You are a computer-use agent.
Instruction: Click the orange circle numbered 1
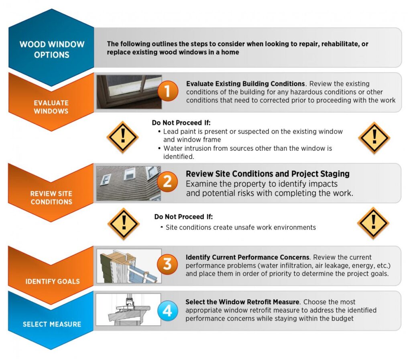(x=168, y=91)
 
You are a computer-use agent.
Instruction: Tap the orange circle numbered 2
(x=167, y=181)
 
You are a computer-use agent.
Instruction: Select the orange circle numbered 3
(x=167, y=264)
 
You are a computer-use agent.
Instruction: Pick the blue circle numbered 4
(x=167, y=311)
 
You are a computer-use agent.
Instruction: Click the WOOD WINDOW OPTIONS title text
(x=52, y=49)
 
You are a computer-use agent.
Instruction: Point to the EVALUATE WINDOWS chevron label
(x=51, y=107)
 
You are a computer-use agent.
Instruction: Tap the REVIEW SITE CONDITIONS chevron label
(x=51, y=197)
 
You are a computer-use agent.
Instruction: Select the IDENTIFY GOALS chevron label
(x=53, y=281)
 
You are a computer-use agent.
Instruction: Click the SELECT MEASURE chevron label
(x=52, y=324)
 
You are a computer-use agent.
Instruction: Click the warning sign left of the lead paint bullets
(x=122, y=137)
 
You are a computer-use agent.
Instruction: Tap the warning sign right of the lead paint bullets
(x=374, y=138)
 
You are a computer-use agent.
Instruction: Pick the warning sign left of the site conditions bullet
(x=124, y=224)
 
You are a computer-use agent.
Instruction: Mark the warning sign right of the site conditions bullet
(x=373, y=223)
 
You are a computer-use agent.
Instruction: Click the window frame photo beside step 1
(x=129, y=92)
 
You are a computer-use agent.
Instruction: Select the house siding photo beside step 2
(x=128, y=183)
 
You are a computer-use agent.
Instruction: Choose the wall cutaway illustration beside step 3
(x=129, y=266)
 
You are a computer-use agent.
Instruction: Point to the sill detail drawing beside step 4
(x=128, y=309)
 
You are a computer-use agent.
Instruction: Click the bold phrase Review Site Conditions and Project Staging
(x=268, y=174)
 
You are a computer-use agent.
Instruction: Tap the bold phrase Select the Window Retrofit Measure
(x=242, y=302)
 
